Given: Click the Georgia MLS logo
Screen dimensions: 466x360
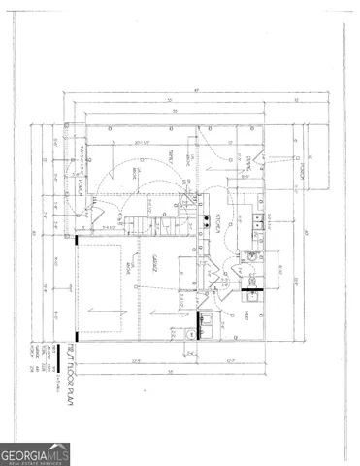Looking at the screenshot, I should pos(35,453).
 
